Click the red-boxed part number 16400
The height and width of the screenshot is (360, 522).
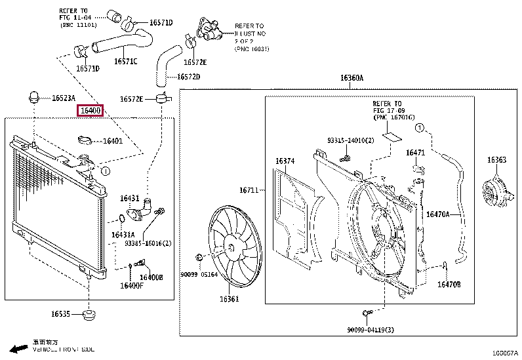[90, 111]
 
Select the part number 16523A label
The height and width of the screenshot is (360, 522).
[64, 98]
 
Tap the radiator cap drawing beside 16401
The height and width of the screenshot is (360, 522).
[85, 140]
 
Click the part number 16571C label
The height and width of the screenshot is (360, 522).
[125, 62]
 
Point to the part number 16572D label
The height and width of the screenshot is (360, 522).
[189, 77]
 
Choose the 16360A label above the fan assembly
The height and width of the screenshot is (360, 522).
[351, 78]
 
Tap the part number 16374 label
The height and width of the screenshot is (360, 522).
[285, 161]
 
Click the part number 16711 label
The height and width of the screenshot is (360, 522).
[249, 190]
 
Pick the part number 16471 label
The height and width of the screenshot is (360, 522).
[415, 153]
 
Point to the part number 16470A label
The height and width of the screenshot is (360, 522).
[438, 214]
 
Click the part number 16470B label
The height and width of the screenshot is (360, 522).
[449, 285]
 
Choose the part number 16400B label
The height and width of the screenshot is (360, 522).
[151, 277]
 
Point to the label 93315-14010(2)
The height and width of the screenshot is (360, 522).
[350, 140]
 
